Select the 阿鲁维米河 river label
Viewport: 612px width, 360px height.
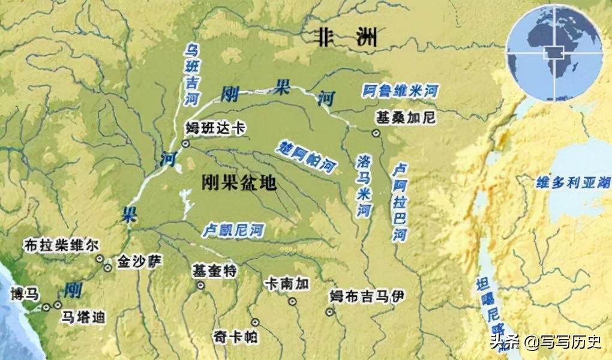401,92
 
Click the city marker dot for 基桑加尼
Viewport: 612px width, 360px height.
376,133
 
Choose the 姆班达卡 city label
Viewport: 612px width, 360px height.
215,128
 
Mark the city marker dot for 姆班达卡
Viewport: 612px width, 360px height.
185,143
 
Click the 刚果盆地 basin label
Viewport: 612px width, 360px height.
239,182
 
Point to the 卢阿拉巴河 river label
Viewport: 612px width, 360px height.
399,202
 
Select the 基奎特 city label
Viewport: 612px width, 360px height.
214,271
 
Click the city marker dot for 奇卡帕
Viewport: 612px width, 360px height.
255,322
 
